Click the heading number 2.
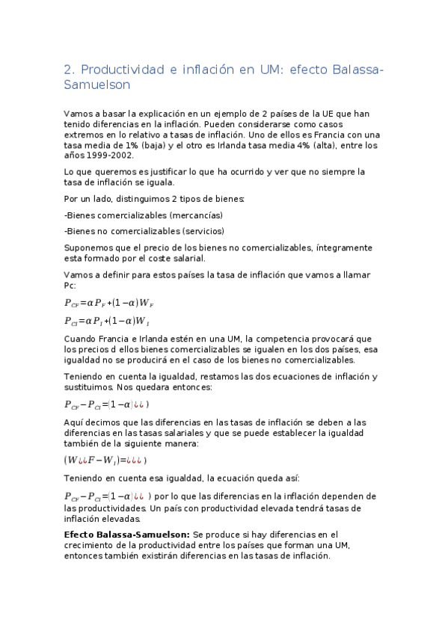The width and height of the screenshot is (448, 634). pyautogui.click(x=69, y=70)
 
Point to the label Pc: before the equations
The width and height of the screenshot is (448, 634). pyautogui.click(x=70, y=286)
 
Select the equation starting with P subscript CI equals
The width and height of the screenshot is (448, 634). pyautogui.click(x=108, y=321)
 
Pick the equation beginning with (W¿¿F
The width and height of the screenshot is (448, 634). pyautogui.click(x=105, y=460)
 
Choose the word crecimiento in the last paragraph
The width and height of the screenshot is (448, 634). pyautogui.click(x=91, y=545)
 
